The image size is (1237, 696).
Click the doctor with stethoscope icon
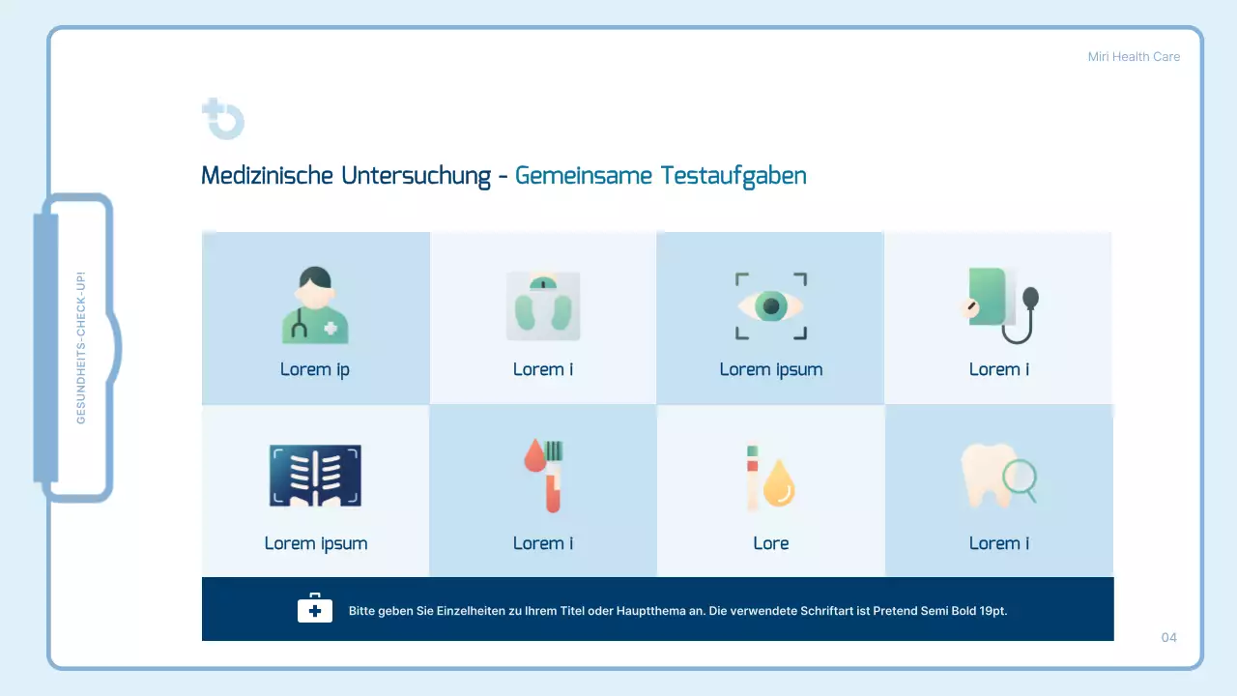click(x=315, y=305)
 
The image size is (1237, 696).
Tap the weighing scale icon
click(x=543, y=305)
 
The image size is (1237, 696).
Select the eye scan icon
click(x=771, y=306)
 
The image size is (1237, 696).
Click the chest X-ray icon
click(x=315, y=477)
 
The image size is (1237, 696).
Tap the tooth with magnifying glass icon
click(x=998, y=477)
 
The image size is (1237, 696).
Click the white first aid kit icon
click(x=314, y=609)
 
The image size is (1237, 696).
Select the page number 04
click(x=1169, y=637)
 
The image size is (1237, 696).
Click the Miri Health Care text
click(x=1134, y=57)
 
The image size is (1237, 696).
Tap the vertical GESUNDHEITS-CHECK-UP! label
click(x=81, y=347)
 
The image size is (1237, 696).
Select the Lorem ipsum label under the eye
click(x=771, y=369)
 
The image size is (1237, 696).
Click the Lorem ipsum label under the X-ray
click(x=316, y=543)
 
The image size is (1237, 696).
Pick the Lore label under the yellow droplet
click(x=771, y=543)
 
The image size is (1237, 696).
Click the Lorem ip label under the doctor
click(x=315, y=369)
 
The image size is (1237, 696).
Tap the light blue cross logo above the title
click(x=223, y=119)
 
